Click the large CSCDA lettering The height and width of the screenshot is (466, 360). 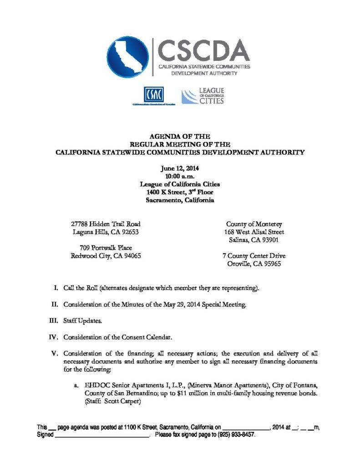(x=204, y=51)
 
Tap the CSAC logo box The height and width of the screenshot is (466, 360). (x=153, y=95)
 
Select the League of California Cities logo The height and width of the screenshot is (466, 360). (x=203, y=96)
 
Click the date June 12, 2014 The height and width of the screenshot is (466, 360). (x=179, y=168)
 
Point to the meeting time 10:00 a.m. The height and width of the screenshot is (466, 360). (x=179, y=176)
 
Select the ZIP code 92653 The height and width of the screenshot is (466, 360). (x=129, y=232)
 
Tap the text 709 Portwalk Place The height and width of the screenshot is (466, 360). (x=106, y=248)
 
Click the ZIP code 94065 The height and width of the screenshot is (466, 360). (x=131, y=256)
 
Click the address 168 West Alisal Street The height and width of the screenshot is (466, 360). (x=255, y=232)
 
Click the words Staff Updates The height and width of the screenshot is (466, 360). (x=83, y=321)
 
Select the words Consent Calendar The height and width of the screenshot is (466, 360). (x=147, y=337)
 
